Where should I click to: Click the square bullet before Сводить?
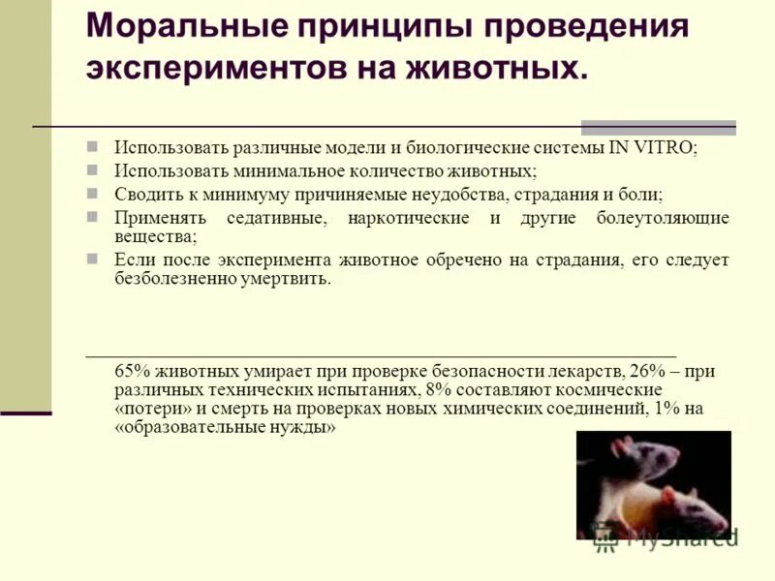click(93, 193)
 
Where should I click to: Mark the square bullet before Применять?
click(93, 216)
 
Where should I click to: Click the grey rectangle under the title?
click(658, 128)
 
